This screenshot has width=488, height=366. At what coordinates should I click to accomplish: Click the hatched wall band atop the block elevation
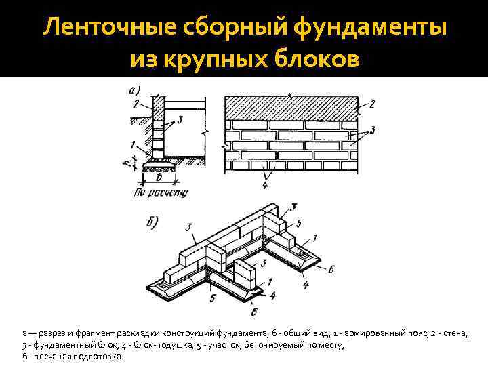coord(291,106)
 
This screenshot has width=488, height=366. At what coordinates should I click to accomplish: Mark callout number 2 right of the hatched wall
coord(371,104)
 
